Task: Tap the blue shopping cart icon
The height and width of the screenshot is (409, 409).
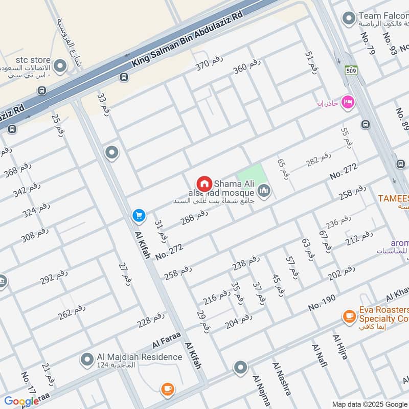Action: [x=139, y=216]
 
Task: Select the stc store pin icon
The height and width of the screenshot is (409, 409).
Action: [x=60, y=66]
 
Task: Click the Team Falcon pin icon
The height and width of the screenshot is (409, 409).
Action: [x=349, y=19]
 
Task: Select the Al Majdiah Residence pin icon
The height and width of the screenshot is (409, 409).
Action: [x=86, y=359]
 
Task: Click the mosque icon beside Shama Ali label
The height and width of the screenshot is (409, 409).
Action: [x=264, y=192]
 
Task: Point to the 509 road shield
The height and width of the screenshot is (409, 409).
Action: [x=351, y=70]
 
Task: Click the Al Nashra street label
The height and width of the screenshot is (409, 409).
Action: [x=282, y=378]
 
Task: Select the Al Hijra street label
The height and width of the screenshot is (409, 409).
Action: [x=340, y=347]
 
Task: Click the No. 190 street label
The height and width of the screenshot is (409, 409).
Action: [x=322, y=303]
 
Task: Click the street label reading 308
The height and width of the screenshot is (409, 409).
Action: [x=34, y=234]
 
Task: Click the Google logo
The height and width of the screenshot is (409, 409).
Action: [x=21, y=401]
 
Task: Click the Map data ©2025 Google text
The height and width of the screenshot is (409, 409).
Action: [x=370, y=403]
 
